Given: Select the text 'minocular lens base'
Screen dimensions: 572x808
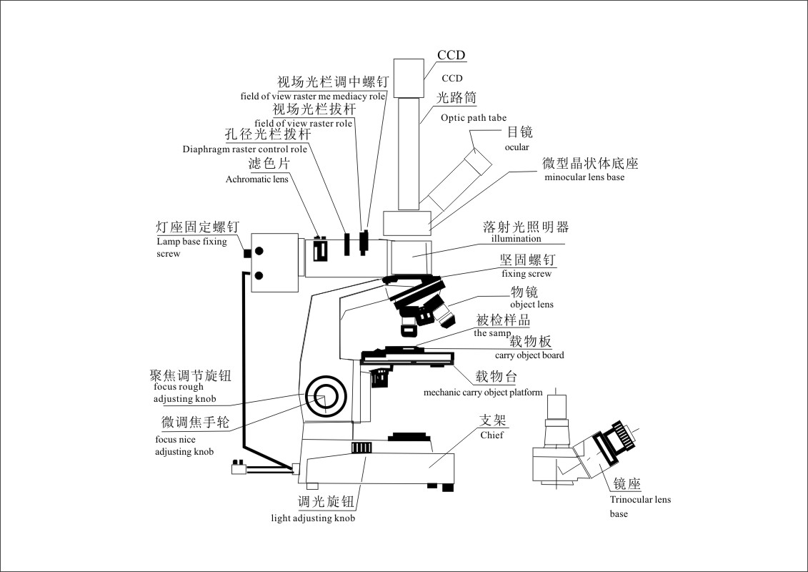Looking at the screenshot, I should tap(584, 177).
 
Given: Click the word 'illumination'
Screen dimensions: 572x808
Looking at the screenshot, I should tap(516, 239).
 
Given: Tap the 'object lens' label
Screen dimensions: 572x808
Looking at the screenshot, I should tap(532, 304).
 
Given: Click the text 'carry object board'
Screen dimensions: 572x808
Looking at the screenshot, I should tap(529, 355).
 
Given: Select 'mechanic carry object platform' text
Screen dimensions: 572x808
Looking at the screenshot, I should tap(483, 392).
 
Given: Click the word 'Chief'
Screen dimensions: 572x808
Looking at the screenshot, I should tap(492, 434).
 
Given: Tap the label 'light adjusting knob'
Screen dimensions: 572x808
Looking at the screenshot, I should tap(313, 518).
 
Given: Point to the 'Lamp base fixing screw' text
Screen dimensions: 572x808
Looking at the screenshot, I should tap(191, 247).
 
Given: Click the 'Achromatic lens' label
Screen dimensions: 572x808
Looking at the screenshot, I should tap(257, 179).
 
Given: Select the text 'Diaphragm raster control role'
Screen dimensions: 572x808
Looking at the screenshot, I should tap(245, 149).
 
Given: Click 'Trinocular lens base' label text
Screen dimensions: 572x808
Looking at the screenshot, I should tap(640, 506).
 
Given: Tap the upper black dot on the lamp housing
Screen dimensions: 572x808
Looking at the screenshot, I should tap(259, 251).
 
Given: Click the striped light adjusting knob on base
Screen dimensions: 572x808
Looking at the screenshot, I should tap(361, 448).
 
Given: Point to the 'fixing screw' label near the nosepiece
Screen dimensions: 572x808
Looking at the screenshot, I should tap(526, 273).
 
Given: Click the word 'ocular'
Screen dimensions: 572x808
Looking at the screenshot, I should tap(517, 147).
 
